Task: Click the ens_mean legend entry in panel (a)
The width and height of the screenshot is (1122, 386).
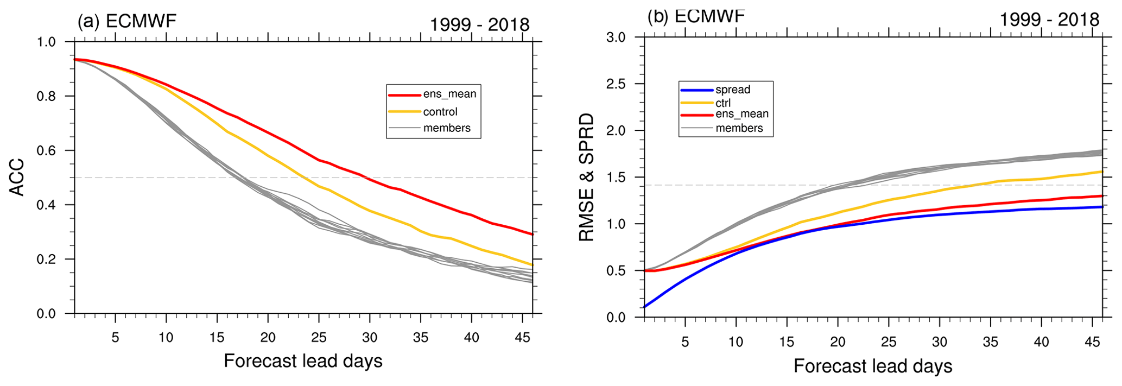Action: click(449, 94)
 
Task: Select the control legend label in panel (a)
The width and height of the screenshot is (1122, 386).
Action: click(440, 112)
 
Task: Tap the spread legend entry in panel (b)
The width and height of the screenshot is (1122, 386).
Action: click(733, 90)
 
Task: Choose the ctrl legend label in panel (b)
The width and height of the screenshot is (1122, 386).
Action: click(723, 103)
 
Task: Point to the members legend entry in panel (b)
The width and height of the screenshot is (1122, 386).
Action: click(739, 128)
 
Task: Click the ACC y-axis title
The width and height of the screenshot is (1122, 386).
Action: click(17, 177)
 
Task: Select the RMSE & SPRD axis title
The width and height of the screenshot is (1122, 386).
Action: click(587, 178)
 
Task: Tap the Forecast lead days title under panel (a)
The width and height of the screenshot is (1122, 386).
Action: click(303, 361)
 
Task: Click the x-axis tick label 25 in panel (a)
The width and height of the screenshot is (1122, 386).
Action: click(319, 337)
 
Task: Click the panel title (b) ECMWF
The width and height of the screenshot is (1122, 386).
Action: click(696, 16)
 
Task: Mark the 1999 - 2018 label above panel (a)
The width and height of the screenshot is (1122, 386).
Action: click(479, 25)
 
